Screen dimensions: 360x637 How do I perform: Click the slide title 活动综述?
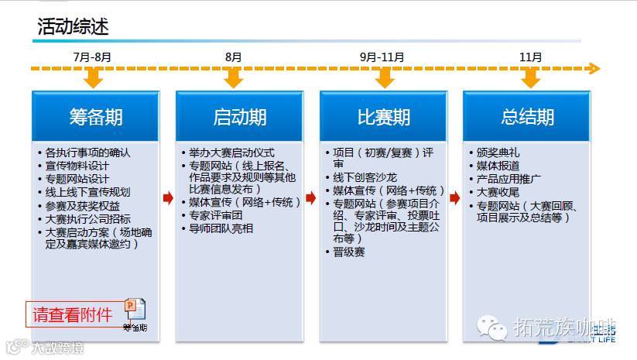73,26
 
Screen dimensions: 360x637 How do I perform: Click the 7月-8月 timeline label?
92,57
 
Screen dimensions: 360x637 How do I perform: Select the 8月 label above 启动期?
234,57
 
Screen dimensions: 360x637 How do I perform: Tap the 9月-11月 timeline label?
382,57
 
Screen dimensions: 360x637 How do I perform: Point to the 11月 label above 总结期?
531,57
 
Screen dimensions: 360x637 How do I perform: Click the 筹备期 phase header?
95,117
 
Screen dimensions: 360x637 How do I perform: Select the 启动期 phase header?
239,117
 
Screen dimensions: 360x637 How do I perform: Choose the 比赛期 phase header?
383,117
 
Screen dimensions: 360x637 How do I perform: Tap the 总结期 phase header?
527,117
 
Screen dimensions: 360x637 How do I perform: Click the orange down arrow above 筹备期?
94,78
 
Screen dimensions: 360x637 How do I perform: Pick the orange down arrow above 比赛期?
382,78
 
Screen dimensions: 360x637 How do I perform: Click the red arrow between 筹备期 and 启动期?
167,198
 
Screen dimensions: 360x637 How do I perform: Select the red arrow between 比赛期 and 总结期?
455,198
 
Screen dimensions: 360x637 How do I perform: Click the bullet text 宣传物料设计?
77,166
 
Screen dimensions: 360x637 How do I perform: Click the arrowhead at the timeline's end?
594,68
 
